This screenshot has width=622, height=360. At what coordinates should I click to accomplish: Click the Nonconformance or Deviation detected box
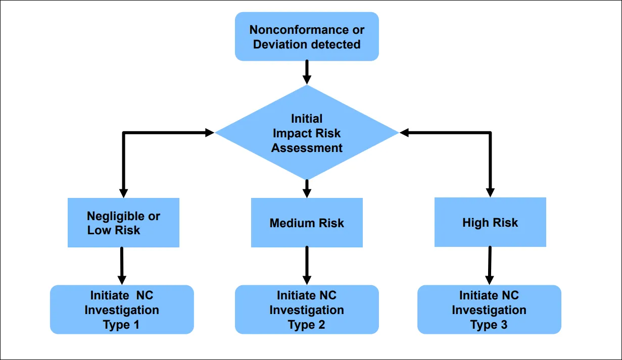click(x=307, y=36)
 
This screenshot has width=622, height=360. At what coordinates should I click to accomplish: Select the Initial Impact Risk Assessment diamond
click(x=307, y=133)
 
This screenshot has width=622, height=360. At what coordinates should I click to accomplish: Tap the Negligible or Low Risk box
click(x=123, y=223)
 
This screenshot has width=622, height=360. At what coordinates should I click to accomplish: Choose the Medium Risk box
click(x=307, y=223)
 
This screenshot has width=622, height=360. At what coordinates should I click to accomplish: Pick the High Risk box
click(x=490, y=222)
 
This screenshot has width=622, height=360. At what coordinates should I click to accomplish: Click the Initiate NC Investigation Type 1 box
click(x=122, y=310)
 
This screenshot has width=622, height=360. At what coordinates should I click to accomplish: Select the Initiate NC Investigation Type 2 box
click(x=307, y=310)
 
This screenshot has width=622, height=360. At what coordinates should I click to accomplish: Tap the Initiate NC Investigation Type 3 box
click(x=489, y=310)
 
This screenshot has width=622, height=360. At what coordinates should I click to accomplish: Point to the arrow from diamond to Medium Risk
click(x=307, y=188)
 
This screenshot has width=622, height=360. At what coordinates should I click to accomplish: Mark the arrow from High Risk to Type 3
click(x=489, y=266)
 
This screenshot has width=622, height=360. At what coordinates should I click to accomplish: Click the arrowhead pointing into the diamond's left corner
click(x=209, y=133)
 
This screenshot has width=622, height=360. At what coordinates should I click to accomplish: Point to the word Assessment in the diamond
click(x=307, y=148)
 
